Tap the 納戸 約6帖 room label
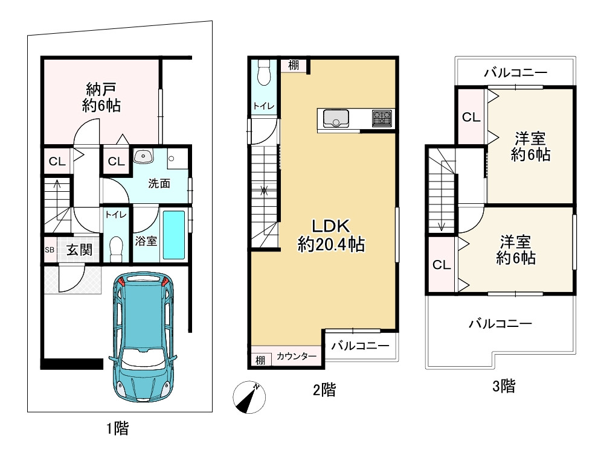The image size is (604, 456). pos(101,98)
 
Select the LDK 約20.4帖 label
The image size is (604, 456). pos(330,236)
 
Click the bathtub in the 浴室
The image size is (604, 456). pos(175,234)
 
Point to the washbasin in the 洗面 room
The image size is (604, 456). pos(143,157)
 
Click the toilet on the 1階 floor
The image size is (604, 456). pos(116,249)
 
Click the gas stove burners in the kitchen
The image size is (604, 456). pos(382,118)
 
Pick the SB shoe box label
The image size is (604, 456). pos(49,250)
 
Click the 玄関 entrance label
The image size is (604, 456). pos(79,250)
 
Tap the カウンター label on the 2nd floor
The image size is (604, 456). pos(297,357)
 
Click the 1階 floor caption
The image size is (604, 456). pos(117,429)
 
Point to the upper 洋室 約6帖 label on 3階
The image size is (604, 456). pos(530,146)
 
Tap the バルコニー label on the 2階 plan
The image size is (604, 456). pos(360,345)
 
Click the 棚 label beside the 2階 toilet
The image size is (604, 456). pos(293,65)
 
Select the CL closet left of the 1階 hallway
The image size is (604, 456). pos(57,161)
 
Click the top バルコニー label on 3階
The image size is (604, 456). pos(515,73)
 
